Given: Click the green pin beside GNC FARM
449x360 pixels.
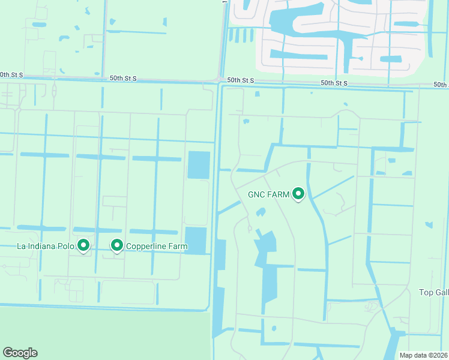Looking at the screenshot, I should coord(298,194).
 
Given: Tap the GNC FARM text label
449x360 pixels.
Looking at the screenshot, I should coord(268,194).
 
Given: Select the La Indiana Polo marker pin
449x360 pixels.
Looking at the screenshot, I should coord(84,245).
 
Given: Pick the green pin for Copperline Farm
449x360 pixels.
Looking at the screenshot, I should coord(117,245).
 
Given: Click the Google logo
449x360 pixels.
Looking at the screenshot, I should coord(20,353).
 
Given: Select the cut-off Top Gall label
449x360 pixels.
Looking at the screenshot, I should coord(433,292).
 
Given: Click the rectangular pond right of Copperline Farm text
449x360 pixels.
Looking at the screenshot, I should coord(196,240).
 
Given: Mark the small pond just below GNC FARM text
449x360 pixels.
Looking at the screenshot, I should coord(261,212).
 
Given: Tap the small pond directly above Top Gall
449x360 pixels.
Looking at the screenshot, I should coord(428,225).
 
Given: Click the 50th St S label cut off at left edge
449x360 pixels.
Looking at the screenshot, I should coord(11,75).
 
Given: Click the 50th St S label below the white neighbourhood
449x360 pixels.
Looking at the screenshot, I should coord(335,82).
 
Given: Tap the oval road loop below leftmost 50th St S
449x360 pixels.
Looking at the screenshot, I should coord(55,91).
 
